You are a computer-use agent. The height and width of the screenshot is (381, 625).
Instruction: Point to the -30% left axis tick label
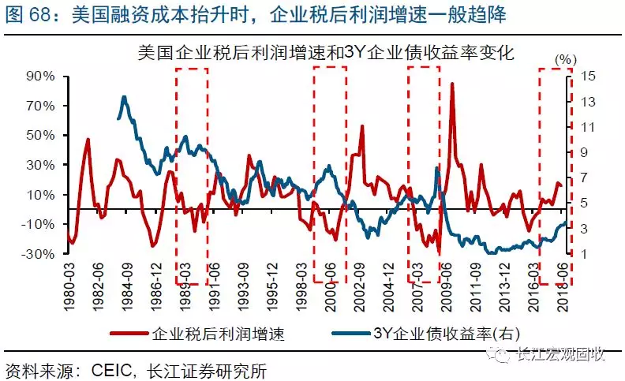[x=38, y=254]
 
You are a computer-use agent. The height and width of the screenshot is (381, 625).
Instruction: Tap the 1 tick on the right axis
[x=583, y=254]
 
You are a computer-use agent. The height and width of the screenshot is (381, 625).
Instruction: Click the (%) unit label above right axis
[x=565, y=59]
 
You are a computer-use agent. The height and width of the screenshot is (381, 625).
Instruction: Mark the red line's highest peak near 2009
[x=451, y=83]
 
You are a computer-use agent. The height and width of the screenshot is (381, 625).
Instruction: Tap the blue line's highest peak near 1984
[x=124, y=97]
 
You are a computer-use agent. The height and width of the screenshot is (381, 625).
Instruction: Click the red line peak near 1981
[x=87, y=140]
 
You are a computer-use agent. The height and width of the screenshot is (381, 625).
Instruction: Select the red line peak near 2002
[x=361, y=126]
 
